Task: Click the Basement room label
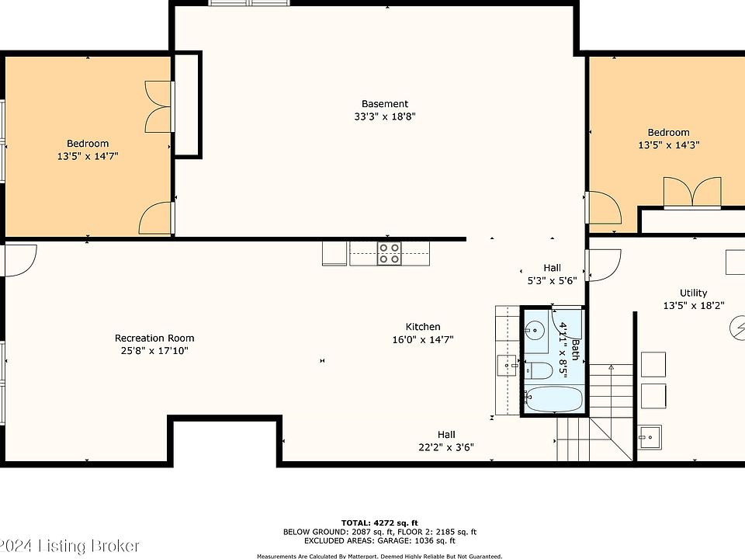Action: click(384, 103)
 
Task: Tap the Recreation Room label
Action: click(154, 338)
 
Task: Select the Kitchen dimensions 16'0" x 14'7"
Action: click(423, 339)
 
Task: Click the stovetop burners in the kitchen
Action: click(389, 253)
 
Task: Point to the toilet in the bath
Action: click(539, 370)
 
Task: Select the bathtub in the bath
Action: click(553, 399)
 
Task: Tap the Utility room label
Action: click(693, 293)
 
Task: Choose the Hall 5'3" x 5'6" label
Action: click(552, 274)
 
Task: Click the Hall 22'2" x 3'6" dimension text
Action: click(446, 447)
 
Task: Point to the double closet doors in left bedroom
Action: click(158, 106)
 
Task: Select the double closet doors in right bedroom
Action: click(692, 193)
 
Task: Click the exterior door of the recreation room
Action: click(20, 260)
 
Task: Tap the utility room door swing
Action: click(604, 265)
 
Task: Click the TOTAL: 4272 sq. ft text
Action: click(379, 523)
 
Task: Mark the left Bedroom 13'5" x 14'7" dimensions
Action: click(88, 156)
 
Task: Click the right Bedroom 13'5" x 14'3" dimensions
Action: click(668, 145)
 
